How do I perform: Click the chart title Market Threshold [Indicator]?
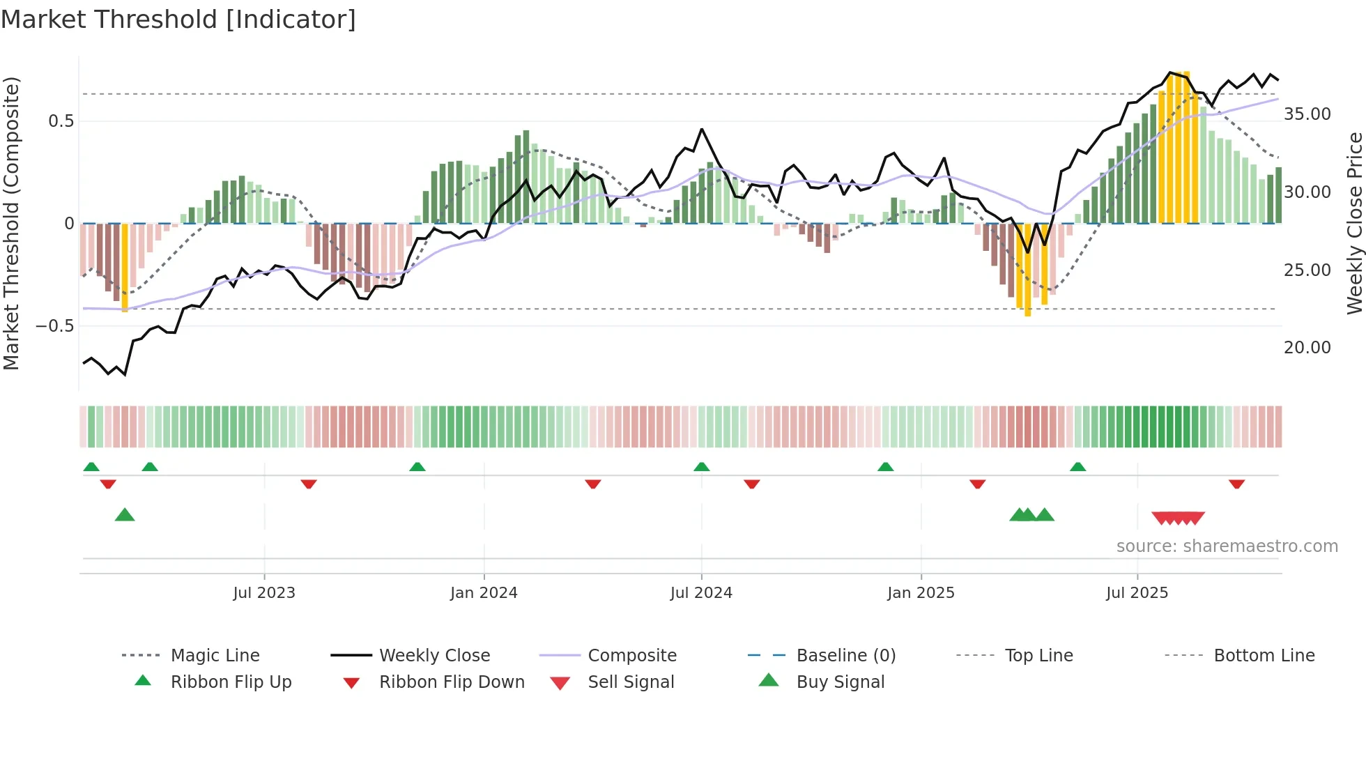pos(178,20)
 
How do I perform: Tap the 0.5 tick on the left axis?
pos(61,121)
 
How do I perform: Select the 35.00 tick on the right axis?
pos(1307,114)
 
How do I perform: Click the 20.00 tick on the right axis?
pos(1307,348)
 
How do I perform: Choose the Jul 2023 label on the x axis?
pos(264,593)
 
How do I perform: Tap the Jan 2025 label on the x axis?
pos(921,593)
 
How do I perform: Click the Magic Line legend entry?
pos(215,656)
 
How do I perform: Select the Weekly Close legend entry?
pos(434,656)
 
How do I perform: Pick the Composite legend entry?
pos(632,656)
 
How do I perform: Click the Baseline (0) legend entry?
pos(845,656)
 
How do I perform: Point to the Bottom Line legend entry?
pos(1264,656)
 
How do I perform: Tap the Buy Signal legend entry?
pos(840,682)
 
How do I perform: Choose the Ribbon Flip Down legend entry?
pos(451,682)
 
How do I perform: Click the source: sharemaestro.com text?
pos(1227,546)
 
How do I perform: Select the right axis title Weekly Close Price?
pos(1354,223)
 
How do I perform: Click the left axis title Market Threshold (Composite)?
pos(11,223)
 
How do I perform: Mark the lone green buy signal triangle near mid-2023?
pos(125,515)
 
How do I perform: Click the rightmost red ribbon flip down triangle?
pos(1237,484)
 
